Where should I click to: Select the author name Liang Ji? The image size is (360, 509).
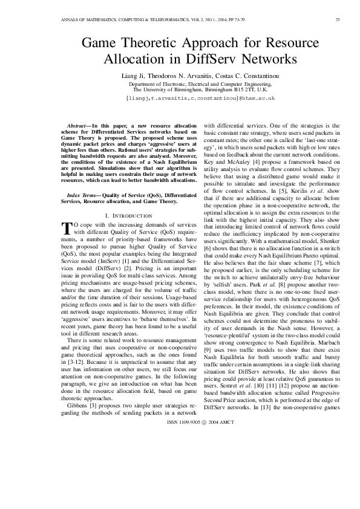[135, 74]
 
